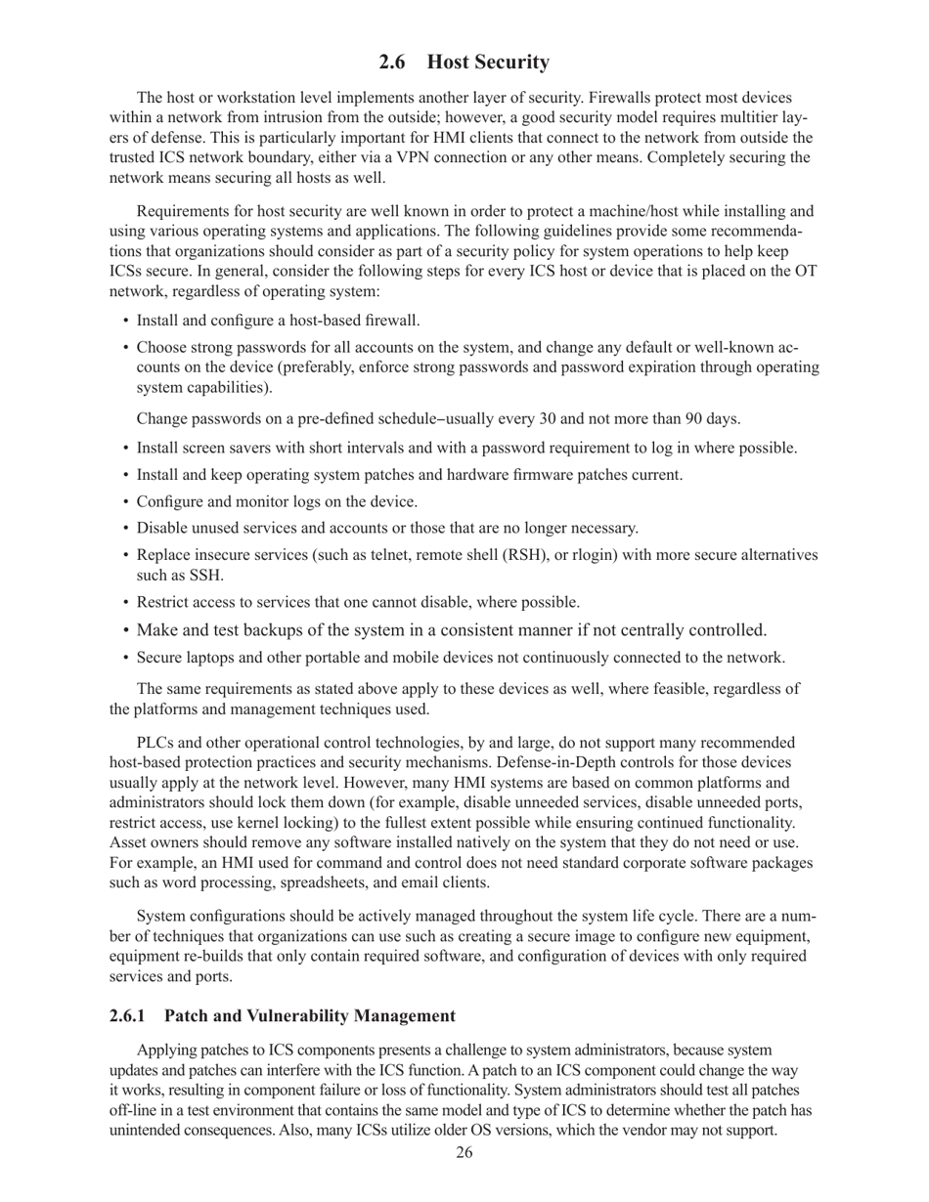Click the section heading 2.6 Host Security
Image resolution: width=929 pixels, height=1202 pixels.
[464, 63]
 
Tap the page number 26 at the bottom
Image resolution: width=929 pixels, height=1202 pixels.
[464, 1153]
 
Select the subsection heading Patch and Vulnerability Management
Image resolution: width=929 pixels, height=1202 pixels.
[309, 1015]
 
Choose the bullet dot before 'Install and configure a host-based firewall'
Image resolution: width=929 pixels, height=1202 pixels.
[126, 321]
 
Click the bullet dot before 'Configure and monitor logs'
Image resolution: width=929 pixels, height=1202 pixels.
[126, 502]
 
